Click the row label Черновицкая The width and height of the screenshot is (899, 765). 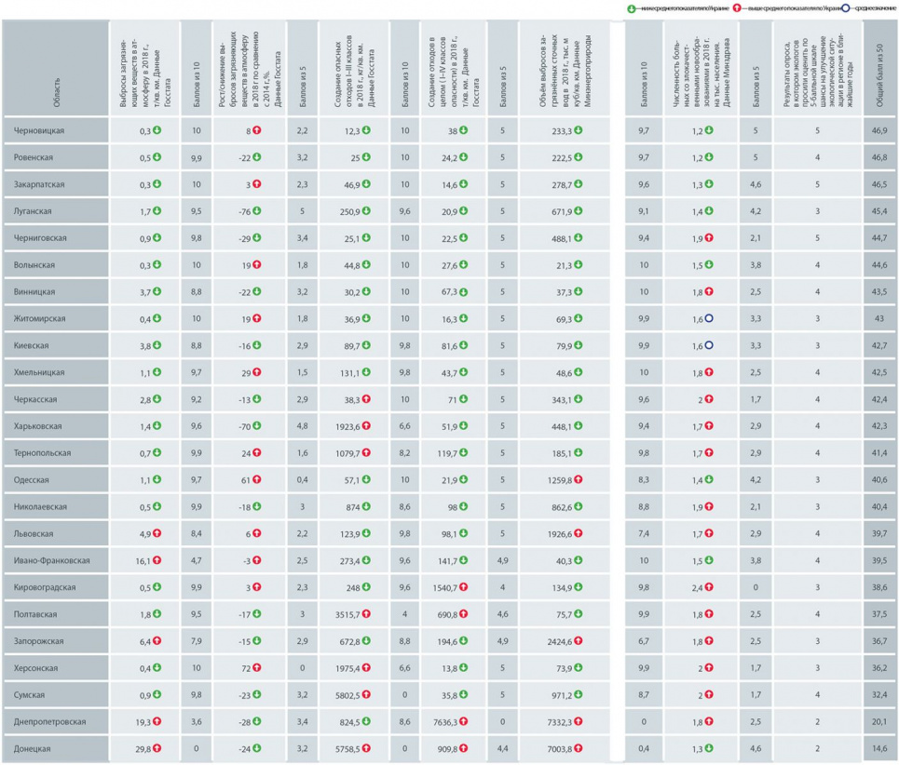coord(39,131)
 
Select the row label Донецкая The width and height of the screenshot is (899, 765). coord(35,748)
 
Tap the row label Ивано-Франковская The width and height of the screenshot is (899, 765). coord(53,560)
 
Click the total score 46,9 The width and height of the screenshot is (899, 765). coord(879,131)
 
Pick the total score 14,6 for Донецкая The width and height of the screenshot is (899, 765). coord(879,748)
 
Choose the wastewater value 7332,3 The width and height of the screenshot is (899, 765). coord(557,721)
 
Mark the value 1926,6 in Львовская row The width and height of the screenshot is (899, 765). coord(557,533)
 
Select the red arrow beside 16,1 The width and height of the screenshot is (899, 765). coord(157,560)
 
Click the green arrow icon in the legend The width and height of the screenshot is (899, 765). coord(632,8)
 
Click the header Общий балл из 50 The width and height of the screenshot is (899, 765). coord(879,70)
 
